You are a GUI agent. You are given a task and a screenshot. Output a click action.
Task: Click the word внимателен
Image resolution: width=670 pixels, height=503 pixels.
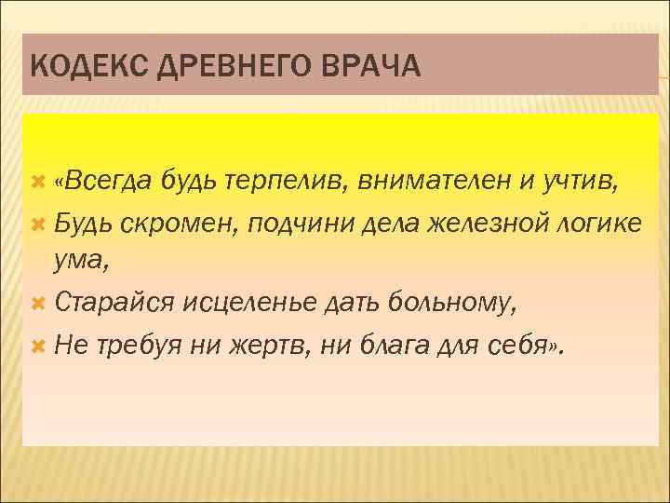coord(435,181)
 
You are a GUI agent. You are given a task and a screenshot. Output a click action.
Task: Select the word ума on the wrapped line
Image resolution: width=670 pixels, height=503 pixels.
coord(79,264)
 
